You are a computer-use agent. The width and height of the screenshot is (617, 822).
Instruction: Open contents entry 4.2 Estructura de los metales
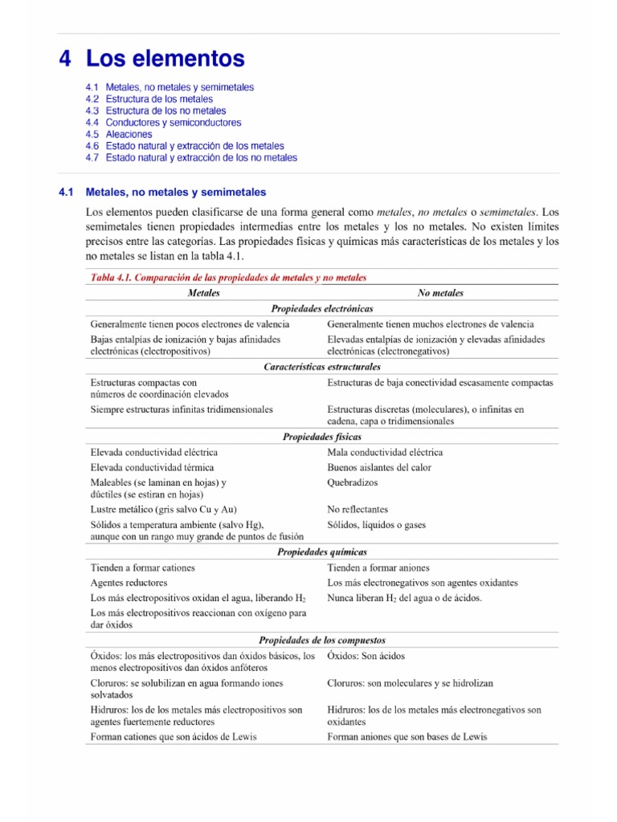click(x=149, y=99)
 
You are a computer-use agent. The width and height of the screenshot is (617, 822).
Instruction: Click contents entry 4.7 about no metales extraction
click(x=190, y=158)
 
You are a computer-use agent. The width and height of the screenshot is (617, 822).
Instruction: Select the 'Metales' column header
click(x=203, y=293)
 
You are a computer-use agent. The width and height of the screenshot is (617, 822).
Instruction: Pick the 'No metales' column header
click(x=440, y=293)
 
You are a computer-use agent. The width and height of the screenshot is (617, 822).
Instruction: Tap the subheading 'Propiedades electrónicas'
click(x=321, y=308)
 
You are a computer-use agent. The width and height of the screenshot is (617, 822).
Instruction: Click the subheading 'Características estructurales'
click(x=322, y=366)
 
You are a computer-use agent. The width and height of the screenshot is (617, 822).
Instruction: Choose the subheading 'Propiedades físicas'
click(x=321, y=437)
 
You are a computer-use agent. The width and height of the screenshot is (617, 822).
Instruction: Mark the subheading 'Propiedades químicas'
click(x=321, y=552)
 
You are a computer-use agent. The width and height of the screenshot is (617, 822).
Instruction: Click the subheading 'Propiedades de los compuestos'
click(x=321, y=641)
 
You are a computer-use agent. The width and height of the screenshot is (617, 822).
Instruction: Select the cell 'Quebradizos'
click(x=352, y=482)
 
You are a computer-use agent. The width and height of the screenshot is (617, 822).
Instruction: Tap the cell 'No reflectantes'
click(x=358, y=509)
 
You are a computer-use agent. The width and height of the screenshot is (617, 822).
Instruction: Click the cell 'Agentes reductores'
click(x=129, y=583)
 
